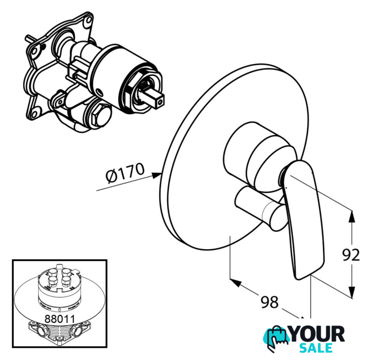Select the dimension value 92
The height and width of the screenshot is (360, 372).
[x=351, y=255]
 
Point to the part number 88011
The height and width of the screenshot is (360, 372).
[x=60, y=319]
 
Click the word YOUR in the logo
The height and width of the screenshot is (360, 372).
[x=317, y=334]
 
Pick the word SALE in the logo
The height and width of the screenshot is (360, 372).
[x=316, y=348]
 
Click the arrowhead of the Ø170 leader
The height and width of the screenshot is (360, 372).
[x=157, y=175]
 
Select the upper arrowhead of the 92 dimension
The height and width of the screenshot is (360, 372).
[x=352, y=217]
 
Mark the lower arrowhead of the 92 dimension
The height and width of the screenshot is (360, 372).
[x=352, y=292]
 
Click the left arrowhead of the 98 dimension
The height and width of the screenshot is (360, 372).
[x=236, y=283]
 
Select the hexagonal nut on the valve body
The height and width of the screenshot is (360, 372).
[x=99, y=116]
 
